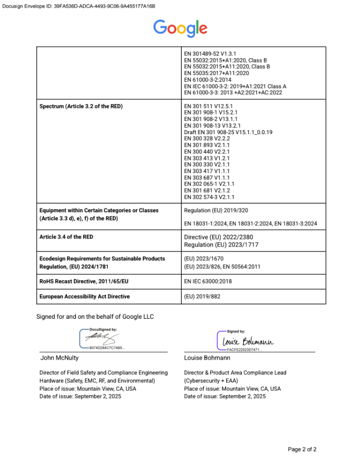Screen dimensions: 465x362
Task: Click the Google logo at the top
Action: [x=180, y=28]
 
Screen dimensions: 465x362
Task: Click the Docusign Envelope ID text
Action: [x=78, y=6]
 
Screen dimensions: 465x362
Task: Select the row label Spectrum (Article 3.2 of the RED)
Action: [x=81, y=106]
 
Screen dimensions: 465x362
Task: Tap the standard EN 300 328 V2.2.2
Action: [x=207, y=138]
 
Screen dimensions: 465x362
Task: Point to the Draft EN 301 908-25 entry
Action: [x=228, y=132]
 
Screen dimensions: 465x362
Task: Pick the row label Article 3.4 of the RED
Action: [x=66, y=237]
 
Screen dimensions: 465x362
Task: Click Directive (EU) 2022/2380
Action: [x=218, y=237]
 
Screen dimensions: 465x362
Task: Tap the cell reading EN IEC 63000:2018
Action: [x=208, y=281]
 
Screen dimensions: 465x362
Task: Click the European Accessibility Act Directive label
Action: [x=85, y=297]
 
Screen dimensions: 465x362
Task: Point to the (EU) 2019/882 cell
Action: [x=203, y=297]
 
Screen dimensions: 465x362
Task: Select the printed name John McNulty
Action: [x=59, y=358]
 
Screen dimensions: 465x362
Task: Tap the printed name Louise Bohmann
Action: [x=207, y=358]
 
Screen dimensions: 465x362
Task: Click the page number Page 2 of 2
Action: [x=302, y=449]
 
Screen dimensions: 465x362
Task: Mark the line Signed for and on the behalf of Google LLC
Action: [x=95, y=317]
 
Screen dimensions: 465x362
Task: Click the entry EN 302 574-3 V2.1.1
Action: [x=209, y=197]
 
